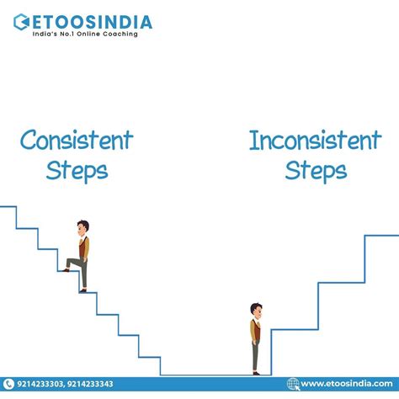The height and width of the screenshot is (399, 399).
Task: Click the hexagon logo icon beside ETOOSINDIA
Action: point(19,21)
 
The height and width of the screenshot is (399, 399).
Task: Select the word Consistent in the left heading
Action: point(76,140)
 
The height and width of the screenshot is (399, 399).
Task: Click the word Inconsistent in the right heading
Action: point(315,140)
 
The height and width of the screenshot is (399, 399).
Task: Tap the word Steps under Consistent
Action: point(77,170)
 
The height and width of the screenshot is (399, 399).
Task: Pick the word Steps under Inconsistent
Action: point(316,170)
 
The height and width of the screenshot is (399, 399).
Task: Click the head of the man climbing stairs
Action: point(82,228)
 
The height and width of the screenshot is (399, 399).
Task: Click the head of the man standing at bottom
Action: point(256,310)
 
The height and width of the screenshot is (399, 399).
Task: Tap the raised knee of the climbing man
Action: point(72,263)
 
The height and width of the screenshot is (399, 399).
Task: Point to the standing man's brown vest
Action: point(256,330)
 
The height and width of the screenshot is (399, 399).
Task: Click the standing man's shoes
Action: point(256,371)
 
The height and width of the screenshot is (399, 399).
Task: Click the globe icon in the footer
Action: point(294,385)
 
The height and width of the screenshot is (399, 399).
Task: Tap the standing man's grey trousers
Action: point(256,354)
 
